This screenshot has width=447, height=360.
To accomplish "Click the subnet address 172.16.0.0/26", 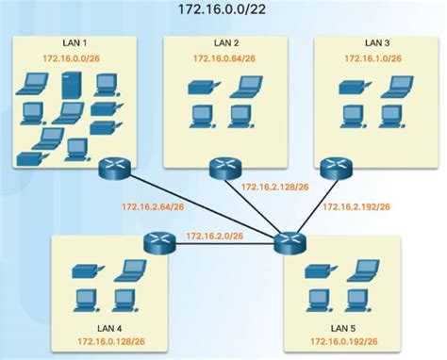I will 69,58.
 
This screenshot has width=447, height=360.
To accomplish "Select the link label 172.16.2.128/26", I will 274,187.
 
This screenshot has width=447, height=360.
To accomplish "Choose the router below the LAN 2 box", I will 223,169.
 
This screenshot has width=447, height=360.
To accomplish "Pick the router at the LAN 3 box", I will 333,170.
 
